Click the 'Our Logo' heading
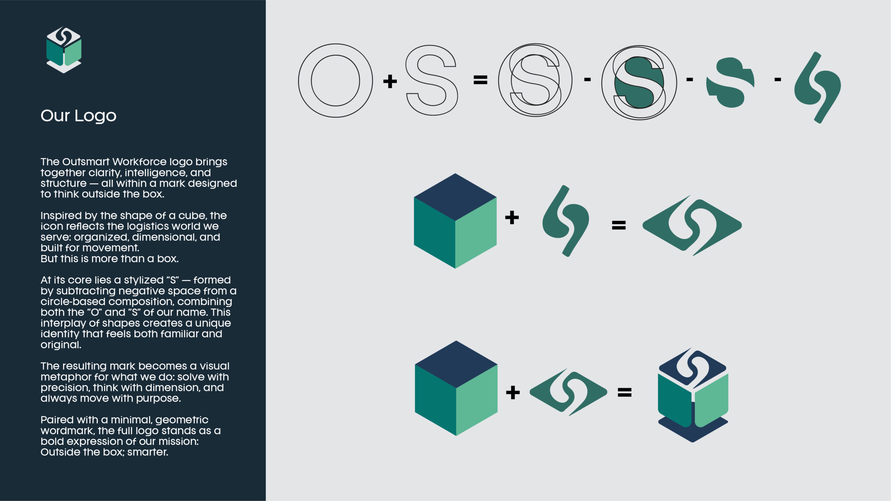[x=78, y=116]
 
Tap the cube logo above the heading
[x=64, y=50]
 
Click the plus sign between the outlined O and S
[x=390, y=81]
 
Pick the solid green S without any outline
[x=730, y=83]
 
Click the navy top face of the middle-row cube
[x=455, y=197]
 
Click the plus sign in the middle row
[x=512, y=218]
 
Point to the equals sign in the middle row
[x=619, y=225]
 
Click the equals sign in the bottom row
[x=624, y=393]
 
